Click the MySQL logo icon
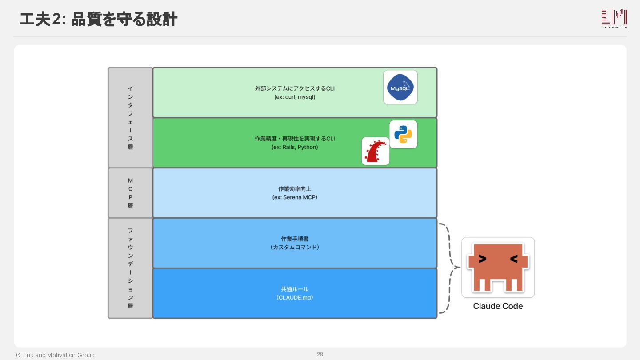(400, 87)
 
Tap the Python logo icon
(403, 134)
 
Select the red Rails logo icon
(376, 151)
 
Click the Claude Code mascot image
(498, 267)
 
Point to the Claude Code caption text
(498, 306)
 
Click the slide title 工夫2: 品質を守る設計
(98, 19)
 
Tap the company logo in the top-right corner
(614, 19)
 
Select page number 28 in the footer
(320, 354)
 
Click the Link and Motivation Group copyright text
(55, 355)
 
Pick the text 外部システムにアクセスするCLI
(295, 88)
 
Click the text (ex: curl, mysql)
(295, 97)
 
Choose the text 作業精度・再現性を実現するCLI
(295, 139)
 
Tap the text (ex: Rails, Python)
(295, 147)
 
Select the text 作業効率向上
(295, 189)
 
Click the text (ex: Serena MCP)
(295, 197)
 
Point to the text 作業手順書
(295, 239)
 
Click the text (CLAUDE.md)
(295, 298)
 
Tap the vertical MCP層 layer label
(130, 193)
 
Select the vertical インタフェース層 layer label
(130, 117)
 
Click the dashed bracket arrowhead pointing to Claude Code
(457, 268)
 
